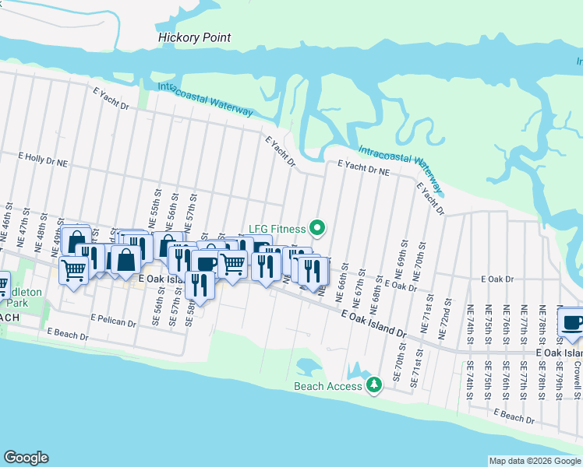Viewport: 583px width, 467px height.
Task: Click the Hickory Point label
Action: click(x=195, y=37)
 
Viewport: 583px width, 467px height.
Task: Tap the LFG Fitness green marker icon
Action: click(x=316, y=228)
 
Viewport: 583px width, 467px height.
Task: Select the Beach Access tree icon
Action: click(x=374, y=384)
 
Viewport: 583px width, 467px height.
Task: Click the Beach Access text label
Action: click(x=327, y=386)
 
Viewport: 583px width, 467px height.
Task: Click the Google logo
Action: click(x=26, y=458)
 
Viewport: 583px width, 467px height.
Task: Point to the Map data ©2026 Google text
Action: click(x=534, y=461)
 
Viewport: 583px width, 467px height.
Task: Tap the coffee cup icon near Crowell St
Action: click(x=572, y=322)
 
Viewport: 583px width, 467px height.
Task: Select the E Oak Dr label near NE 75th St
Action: click(x=498, y=279)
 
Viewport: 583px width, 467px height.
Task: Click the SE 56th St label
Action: click(x=161, y=313)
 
